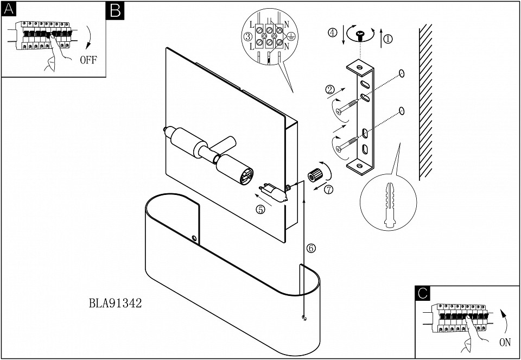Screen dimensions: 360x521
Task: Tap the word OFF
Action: [88, 60]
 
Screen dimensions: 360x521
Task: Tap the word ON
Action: [505, 343]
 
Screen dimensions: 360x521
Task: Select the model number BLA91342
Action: [115, 303]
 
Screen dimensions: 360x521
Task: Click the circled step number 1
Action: [387, 39]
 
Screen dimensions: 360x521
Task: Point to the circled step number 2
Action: [329, 89]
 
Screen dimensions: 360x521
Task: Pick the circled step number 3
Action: [247, 37]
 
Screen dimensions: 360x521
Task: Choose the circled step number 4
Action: [332, 32]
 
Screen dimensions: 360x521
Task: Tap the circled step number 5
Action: [260, 210]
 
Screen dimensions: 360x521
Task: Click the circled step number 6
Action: [310, 248]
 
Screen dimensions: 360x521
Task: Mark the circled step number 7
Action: [329, 190]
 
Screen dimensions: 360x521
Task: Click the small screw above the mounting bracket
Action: [359, 36]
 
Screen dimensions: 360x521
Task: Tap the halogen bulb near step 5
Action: [275, 191]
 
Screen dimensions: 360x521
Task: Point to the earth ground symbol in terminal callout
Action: [291, 37]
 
